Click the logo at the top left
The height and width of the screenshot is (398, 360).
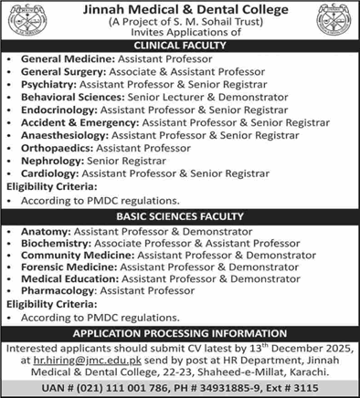coord(27,21)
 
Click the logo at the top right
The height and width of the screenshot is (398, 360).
coord(333,21)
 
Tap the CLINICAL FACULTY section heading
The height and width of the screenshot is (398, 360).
coord(180,43)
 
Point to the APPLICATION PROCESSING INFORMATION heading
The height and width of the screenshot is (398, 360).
coord(180,334)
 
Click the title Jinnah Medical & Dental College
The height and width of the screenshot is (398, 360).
coord(179,10)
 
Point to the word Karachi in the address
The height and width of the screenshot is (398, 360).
coord(285,372)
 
